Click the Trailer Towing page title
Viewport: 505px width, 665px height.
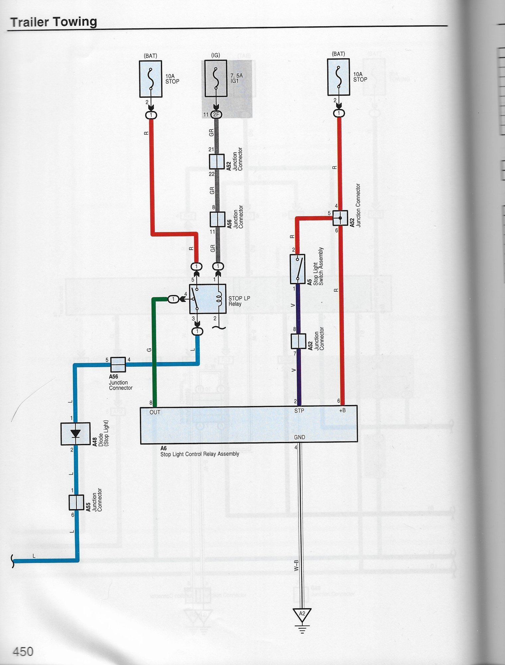tap(53, 22)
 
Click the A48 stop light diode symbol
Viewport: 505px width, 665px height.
tap(75, 434)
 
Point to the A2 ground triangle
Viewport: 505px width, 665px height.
tap(302, 614)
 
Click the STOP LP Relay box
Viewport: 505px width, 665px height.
tap(208, 299)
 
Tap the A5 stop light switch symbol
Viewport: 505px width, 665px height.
tap(298, 269)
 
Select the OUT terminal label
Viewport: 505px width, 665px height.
tap(155, 412)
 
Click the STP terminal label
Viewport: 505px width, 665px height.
tap(299, 411)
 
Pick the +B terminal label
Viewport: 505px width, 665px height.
tap(342, 410)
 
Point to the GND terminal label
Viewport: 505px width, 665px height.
tap(299, 437)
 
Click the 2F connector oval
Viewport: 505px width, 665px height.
tap(216, 115)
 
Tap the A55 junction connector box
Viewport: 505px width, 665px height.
tap(76, 502)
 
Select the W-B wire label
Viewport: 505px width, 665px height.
tap(296, 565)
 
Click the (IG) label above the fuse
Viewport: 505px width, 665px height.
tap(216, 55)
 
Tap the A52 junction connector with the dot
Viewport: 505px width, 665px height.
tap(340, 218)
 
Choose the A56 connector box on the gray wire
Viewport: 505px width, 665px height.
tap(218, 219)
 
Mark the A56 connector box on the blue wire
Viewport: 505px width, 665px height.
tap(118, 364)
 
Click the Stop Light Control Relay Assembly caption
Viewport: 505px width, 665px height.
tap(200, 454)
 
